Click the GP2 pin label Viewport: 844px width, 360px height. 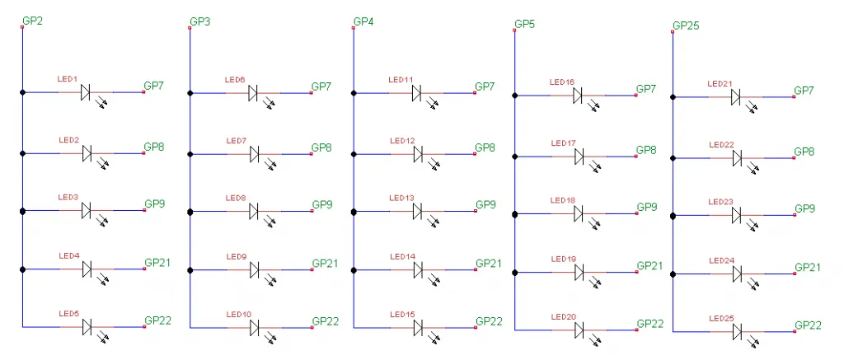click(x=32, y=20)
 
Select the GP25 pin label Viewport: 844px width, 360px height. click(x=686, y=26)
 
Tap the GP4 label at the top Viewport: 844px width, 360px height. click(x=363, y=21)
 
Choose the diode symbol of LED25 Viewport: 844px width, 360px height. click(x=737, y=331)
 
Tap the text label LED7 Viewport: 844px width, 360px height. click(x=236, y=141)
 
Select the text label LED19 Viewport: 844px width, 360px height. click(x=564, y=259)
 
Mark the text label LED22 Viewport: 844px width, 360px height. click(x=721, y=145)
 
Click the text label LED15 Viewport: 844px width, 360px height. click(x=402, y=315)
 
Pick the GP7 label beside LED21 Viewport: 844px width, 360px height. click(x=804, y=90)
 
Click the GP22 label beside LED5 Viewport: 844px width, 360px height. click(x=157, y=320)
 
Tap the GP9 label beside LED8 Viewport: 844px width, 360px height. click(x=321, y=204)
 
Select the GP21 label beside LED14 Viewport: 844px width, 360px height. click(x=488, y=263)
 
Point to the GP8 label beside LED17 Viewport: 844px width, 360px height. click(x=646, y=150)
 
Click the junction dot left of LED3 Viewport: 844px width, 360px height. click(x=23, y=212)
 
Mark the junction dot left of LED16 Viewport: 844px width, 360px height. click(x=515, y=96)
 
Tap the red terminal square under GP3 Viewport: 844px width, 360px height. click(x=190, y=28)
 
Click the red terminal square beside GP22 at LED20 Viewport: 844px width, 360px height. click(x=635, y=330)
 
